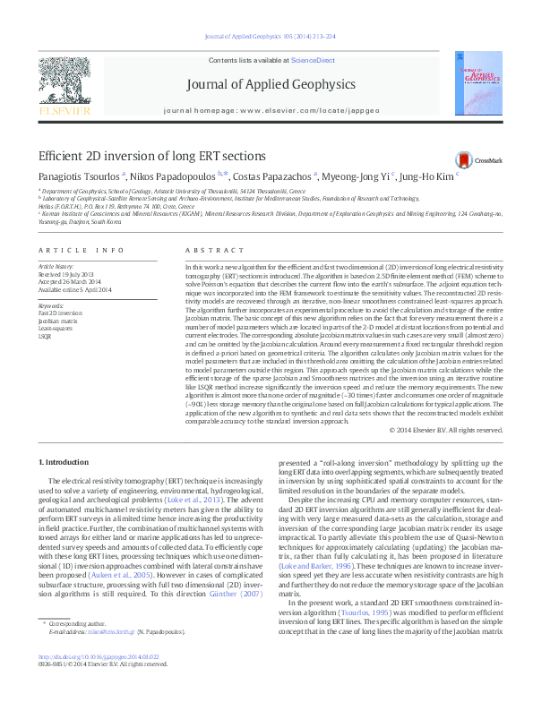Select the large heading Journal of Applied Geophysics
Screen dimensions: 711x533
(271, 85)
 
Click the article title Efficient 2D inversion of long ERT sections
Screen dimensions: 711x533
(145, 156)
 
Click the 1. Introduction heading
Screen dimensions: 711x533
(67, 461)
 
